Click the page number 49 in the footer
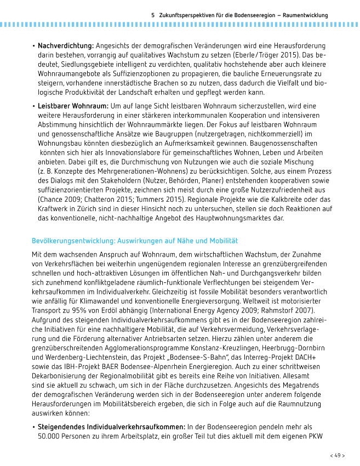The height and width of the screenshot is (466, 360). click(338, 455)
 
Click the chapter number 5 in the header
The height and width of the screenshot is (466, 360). click(153, 15)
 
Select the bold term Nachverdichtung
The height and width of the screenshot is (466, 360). click(66, 46)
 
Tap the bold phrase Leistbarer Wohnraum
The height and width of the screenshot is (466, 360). click(73, 105)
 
